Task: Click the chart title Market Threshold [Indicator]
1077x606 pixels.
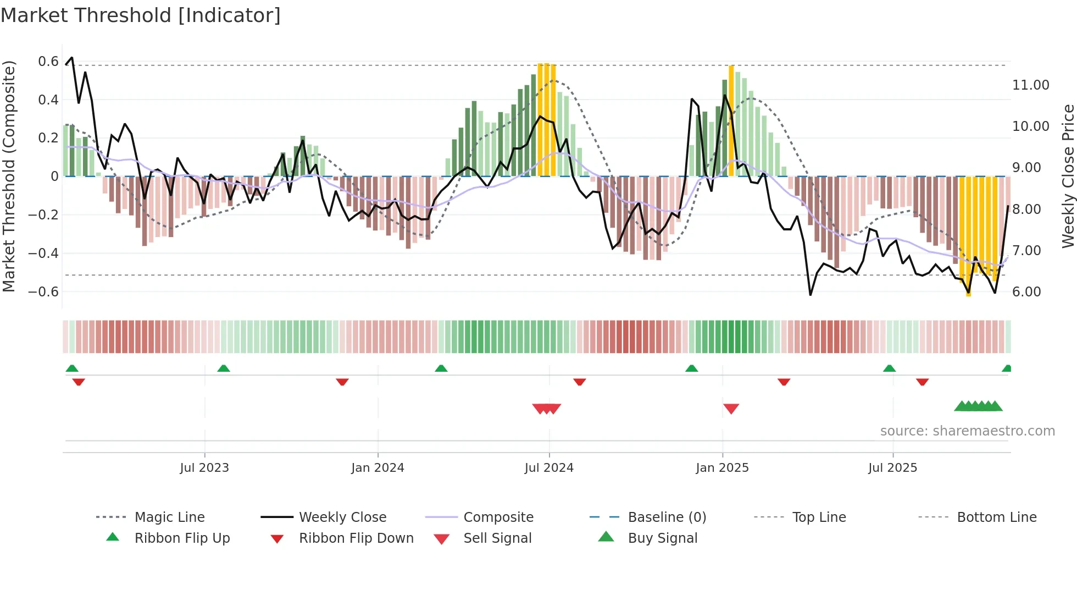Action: coord(141,15)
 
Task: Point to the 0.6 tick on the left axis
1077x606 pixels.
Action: coord(48,61)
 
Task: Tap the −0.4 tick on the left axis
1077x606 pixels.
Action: coord(43,253)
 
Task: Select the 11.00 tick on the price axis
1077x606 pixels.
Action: coord(1030,85)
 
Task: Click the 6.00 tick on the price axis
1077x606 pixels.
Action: coord(1026,291)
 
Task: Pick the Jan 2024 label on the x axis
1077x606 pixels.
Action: coord(377,468)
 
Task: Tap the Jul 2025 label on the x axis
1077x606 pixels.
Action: coord(892,468)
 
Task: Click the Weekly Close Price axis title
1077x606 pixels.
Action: coord(1068,176)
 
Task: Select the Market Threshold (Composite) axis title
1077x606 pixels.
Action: coord(9,176)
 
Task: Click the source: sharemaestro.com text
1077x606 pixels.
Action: coord(967,431)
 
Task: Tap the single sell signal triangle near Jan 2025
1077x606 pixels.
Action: coord(731,408)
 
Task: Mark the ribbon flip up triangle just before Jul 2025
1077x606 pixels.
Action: coord(889,368)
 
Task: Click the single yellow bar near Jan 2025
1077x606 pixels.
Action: coord(731,121)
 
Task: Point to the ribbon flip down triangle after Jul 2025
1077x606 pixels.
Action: coord(922,382)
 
